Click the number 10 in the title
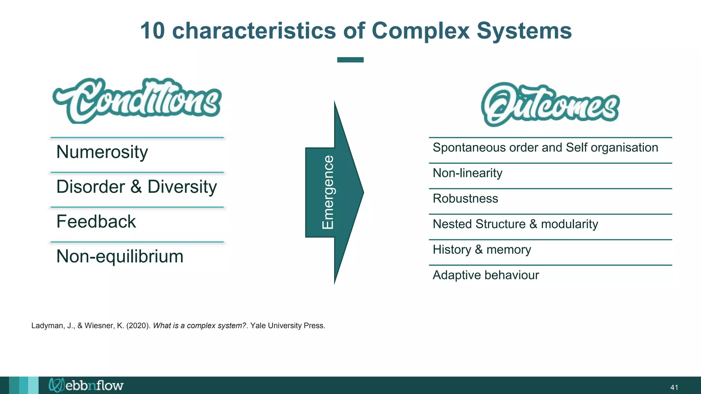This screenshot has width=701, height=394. coord(152,31)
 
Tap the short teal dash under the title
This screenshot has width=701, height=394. coord(350,60)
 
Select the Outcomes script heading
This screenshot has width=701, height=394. coord(550,105)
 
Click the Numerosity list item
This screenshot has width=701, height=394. coord(102,152)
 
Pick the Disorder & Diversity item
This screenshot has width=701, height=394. coord(137,187)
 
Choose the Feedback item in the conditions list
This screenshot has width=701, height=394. coord(96,222)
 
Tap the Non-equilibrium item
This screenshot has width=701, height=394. coord(120,257)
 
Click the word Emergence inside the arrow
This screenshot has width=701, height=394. coord(328,192)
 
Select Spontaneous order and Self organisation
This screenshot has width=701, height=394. coord(545,147)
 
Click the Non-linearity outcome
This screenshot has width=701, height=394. coord(467,173)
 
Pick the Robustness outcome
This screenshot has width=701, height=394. coord(465,198)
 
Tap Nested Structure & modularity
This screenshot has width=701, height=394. coord(515,224)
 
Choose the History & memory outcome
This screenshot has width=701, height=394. coord(482,250)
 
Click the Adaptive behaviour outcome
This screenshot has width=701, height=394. coord(485,275)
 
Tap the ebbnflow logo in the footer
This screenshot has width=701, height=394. coord(86,385)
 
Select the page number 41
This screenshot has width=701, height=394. coord(674,388)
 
